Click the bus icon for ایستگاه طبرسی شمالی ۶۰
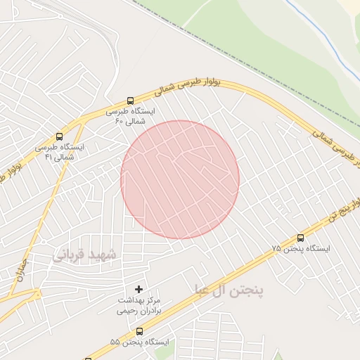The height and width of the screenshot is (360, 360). pyautogui.click(x=130, y=101)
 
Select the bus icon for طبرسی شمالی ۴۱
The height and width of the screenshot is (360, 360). pyautogui.click(x=59, y=136)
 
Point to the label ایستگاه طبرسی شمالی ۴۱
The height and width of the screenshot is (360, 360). pyautogui.click(x=59, y=152)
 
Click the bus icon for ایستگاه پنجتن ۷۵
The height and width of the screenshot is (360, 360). pyautogui.click(x=301, y=238)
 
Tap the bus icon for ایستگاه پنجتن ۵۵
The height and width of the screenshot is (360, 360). pyautogui.click(x=139, y=330)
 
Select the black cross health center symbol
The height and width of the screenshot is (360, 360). pyautogui.click(x=139, y=289)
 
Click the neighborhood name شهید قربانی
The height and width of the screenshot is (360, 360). pyautogui.click(x=82, y=255)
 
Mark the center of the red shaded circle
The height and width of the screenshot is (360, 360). pyautogui.click(x=180, y=179)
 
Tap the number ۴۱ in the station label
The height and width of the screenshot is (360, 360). pyautogui.click(x=49, y=157)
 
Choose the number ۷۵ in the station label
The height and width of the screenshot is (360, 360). pyautogui.click(x=276, y=249)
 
